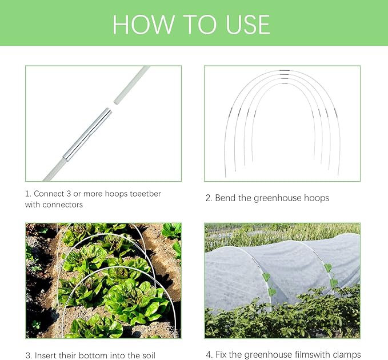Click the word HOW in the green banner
coord(143,25)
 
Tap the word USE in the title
coord(248,25)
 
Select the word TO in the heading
coord(199,25)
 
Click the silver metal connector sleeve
coord(87,135)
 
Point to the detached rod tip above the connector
coord(131,85)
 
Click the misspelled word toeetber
coord(146,194)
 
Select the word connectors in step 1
coord(63,205)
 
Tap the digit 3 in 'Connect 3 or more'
coord(69,194)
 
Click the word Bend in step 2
coord(225,198)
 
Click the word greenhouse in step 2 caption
coord(278,198)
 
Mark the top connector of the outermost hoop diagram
coord(285,70)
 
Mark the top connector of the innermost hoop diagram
coord(285,83)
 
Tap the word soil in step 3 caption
coord(148,355)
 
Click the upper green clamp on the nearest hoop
coord(266,277)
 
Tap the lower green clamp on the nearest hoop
coord(272,291)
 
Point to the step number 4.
coord(209,355)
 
